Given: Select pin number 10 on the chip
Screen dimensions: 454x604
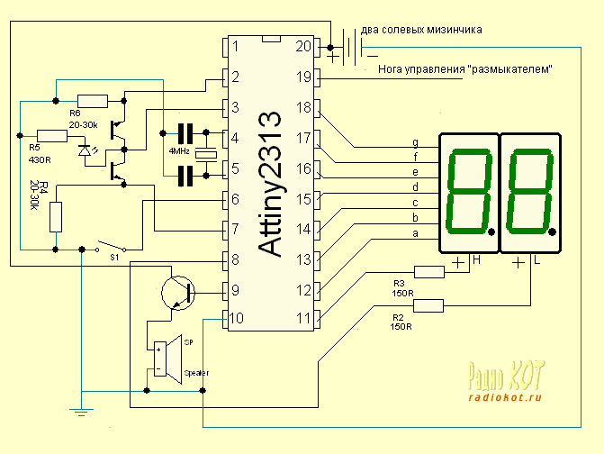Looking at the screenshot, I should click(x=235, y=318).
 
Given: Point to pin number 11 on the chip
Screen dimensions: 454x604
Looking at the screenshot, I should click(x=302, y=318).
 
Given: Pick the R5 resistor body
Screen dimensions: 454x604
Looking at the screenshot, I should click(x=51, y=136).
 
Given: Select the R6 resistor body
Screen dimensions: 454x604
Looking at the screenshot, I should click(x=92, y=100).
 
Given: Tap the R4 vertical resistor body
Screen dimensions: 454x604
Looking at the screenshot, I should click(x=56, y=216).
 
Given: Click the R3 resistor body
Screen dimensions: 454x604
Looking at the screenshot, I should click(x=428, y=271).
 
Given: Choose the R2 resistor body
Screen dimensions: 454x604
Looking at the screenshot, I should click(x=428, y=305).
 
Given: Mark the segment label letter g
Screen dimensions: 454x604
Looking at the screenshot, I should click(x=415, y=141).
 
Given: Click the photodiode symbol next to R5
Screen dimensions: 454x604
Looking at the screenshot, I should click(x=86, y=150).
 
